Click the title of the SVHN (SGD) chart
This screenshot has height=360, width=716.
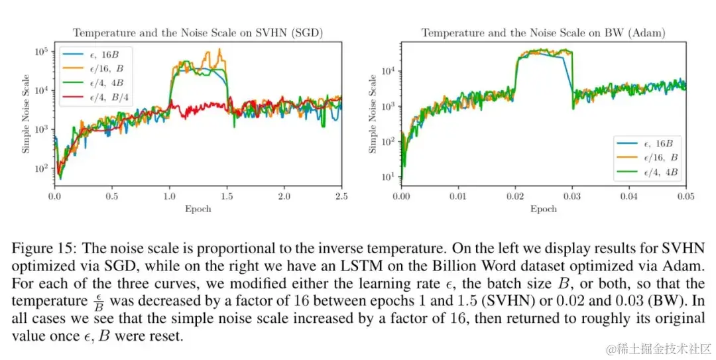(198, 32)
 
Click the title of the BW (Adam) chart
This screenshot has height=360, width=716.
(544, 32)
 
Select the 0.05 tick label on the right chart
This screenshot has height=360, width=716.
(686, 197)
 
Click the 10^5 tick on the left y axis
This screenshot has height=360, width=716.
(41, 51)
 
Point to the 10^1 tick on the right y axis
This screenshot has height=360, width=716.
(388, 177)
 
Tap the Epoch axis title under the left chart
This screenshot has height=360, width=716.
(198, 209)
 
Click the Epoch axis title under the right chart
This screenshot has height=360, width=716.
(544, 209)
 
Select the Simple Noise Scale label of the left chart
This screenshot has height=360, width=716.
(27, 113)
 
